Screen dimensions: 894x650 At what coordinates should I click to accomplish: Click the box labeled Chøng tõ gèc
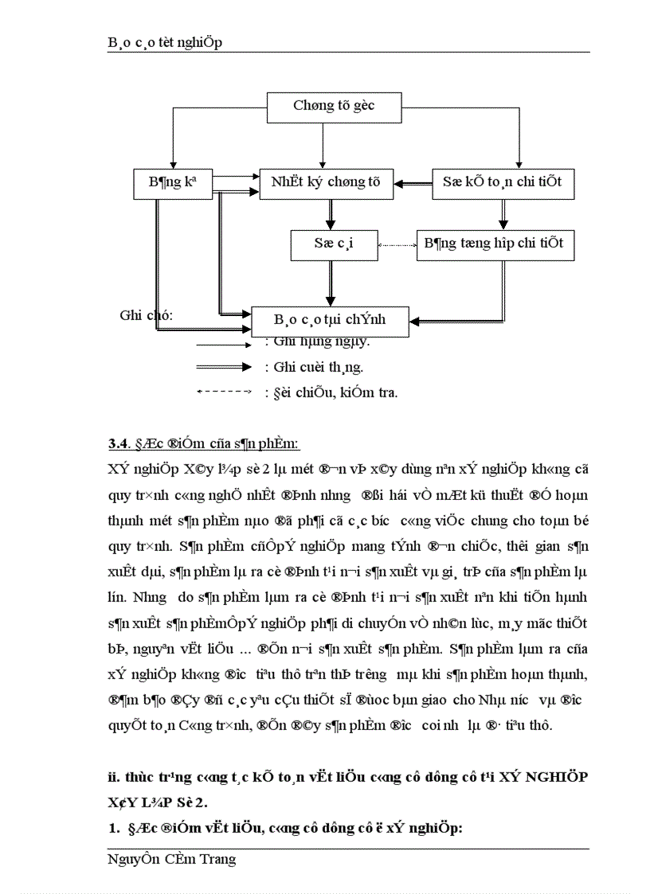tap(334, 107)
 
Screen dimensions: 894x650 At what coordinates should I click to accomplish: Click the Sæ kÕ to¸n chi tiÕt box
tap(503, 182)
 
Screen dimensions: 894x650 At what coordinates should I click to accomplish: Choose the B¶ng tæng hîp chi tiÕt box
tap(495, 244)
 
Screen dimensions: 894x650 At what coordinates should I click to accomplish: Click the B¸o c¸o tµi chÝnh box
tap(330, 320)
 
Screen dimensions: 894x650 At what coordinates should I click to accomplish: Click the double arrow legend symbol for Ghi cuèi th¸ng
tap(225, 368)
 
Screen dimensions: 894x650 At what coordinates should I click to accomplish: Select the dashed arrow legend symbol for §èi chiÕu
tap(225, 392)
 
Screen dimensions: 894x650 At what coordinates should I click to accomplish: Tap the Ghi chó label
tap(147, 316)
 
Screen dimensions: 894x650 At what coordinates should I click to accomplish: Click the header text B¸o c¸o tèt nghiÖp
tap(165, 43)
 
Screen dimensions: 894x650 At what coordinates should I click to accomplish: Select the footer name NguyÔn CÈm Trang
tap(172, 859)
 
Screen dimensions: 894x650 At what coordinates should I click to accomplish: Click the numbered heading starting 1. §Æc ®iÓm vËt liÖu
tap(286, 829)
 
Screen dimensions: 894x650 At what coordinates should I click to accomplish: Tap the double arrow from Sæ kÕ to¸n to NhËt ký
tap(416, 184)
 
